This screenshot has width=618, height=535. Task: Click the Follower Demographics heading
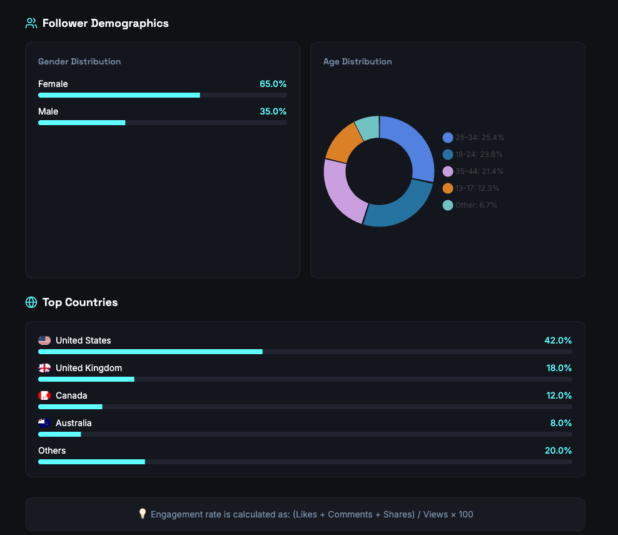(105, 23)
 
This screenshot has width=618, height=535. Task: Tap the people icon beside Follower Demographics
(31, 23)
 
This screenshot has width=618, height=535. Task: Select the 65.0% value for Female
(273, 84)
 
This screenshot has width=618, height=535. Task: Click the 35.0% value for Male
(273, 111)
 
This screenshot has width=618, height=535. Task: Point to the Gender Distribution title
(79, 61)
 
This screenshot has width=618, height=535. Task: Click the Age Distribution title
(357, 61)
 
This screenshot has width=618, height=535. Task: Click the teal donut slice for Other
(368, 127)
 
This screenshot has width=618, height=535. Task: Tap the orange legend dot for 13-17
(448, 188)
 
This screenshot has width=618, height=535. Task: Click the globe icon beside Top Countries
(31, 302)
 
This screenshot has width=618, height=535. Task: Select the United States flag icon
(44, 340)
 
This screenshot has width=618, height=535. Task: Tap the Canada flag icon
(44, 395)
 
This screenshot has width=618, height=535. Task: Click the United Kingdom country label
(89, 368)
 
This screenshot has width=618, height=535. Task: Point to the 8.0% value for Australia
(560, 423)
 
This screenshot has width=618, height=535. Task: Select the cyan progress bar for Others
(91, 462)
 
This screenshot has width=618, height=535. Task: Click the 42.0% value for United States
(558, 340)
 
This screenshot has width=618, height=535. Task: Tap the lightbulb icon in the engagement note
(143, 514)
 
